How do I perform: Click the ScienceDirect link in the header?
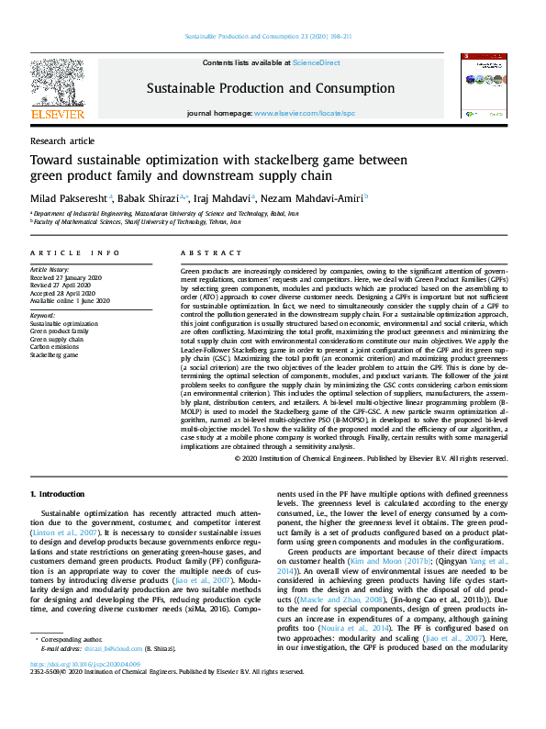[316, 62]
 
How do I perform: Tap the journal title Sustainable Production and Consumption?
[270, 88]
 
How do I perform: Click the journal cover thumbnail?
[485, 84]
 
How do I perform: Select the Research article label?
[62, 140]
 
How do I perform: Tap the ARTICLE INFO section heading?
[74, 252]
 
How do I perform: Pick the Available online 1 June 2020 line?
[70, 300]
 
